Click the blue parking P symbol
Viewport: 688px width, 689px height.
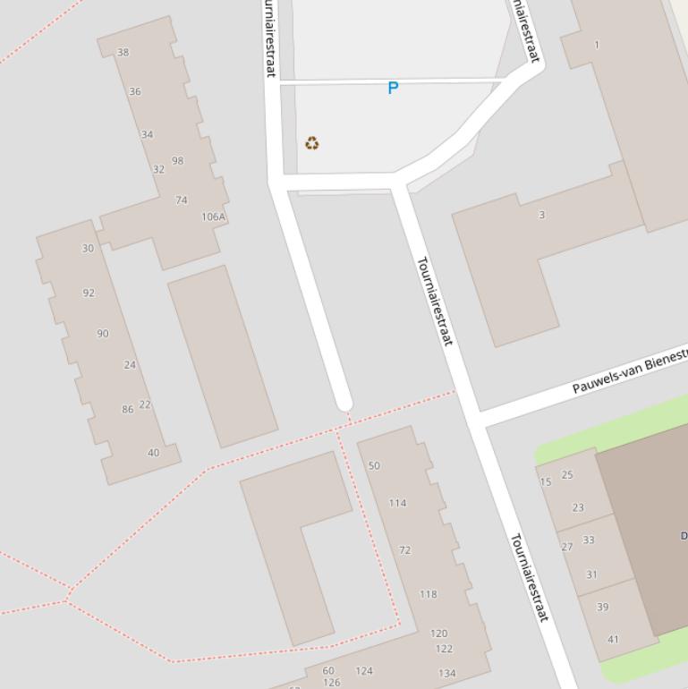(x=392, y=89)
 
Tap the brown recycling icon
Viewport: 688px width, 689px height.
(x=311, y=143)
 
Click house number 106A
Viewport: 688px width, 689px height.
(x=214, y=217)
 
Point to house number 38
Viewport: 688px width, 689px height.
(x=123, y=52)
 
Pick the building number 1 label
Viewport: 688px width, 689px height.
(x=597, y=45)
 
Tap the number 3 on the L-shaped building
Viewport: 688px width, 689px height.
(x=541, y=215)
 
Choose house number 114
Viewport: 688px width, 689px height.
(x=397, y=503)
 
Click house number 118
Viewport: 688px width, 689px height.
(x=428, y=594)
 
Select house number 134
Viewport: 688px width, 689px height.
(x=446, y=673)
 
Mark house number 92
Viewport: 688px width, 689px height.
(x=89, y=293)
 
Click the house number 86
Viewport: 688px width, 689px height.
(x=128, y=410)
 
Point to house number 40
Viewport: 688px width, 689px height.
(x=153, y=453)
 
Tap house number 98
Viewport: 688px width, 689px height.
(x=177, y=161)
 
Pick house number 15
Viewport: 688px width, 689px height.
(x=546, y=482)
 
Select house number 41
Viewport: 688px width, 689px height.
(x=613, y=640)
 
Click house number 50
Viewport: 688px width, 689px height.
(x=374, y=465)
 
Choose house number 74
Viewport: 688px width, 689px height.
(x=182, y=200)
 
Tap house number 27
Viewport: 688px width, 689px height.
(x=566, y=547)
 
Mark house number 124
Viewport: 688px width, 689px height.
(x=364, y=670)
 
